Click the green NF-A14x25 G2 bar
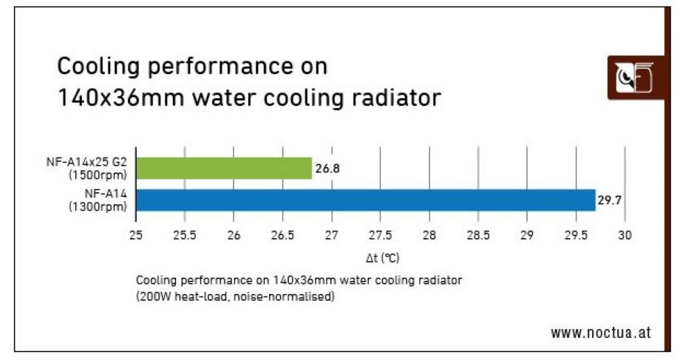coord(224,169)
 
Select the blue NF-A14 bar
coord(366,200)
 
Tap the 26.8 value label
coord(327,169)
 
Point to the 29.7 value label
coord(608,200)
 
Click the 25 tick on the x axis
coord(136,235)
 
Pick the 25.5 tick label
coord(184,235)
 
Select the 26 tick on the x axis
coord(234,235)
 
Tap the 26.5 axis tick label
coord(282,235)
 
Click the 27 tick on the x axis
coord(331,235)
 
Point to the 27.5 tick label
coord(380,235)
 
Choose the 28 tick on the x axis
coord(429,235)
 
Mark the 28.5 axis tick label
coord(477,235)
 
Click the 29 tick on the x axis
coord(526,235)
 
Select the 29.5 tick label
coord(575,235)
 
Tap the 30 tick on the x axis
coord(624,235)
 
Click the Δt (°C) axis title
coord(382,258)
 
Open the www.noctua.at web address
coord(600,332)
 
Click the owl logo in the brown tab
coord(633,76)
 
